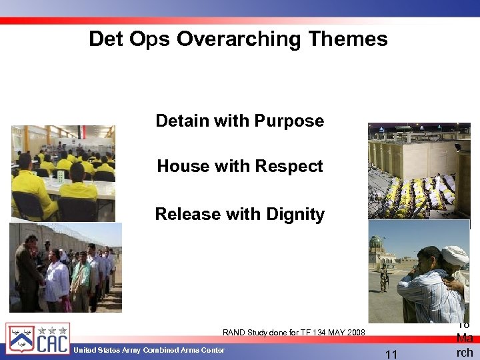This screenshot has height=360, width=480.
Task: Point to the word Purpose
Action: point(290,121)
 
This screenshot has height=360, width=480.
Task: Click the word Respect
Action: point(291,166)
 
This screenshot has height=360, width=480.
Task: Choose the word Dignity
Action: point(293,215)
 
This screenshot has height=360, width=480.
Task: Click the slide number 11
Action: point(391,355)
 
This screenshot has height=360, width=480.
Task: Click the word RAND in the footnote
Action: point(234,332)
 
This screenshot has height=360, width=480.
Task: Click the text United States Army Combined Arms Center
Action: point(149,351)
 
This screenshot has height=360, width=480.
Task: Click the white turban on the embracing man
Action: point(456,255)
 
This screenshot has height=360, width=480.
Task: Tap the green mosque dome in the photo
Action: point(377,241)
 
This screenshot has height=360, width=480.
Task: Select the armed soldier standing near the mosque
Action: point(383,279)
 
